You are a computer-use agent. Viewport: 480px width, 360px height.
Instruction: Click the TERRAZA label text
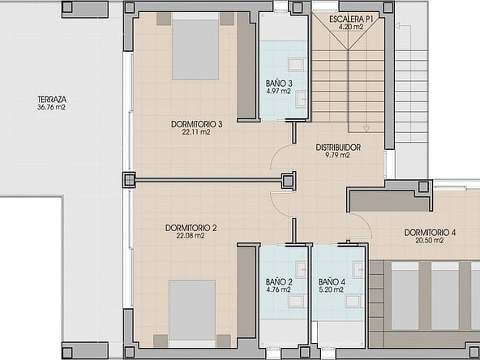click(52, 100)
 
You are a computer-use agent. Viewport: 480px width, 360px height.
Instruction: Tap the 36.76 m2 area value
click(51, 107)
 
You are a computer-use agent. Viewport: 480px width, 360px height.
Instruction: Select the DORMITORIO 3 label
click(196, 124)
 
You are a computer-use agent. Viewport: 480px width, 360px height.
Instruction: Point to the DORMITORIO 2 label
click(191, 228)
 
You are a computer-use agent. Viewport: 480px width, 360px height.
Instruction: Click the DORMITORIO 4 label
click(430, 233)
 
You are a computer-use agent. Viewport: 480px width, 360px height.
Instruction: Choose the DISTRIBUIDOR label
click(338, 148)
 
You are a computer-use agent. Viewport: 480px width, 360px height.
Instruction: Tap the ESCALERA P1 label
click(351, 19)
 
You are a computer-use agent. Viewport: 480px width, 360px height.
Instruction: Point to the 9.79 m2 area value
click(337, 155)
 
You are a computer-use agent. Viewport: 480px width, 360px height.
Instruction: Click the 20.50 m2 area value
click(429, 241)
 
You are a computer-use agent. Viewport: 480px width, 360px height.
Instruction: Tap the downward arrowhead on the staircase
click(366, 129)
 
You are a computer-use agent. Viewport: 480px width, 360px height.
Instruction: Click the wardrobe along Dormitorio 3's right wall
click(246, 66)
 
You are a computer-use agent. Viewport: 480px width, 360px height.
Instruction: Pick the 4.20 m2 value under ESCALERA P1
click(351, 27)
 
